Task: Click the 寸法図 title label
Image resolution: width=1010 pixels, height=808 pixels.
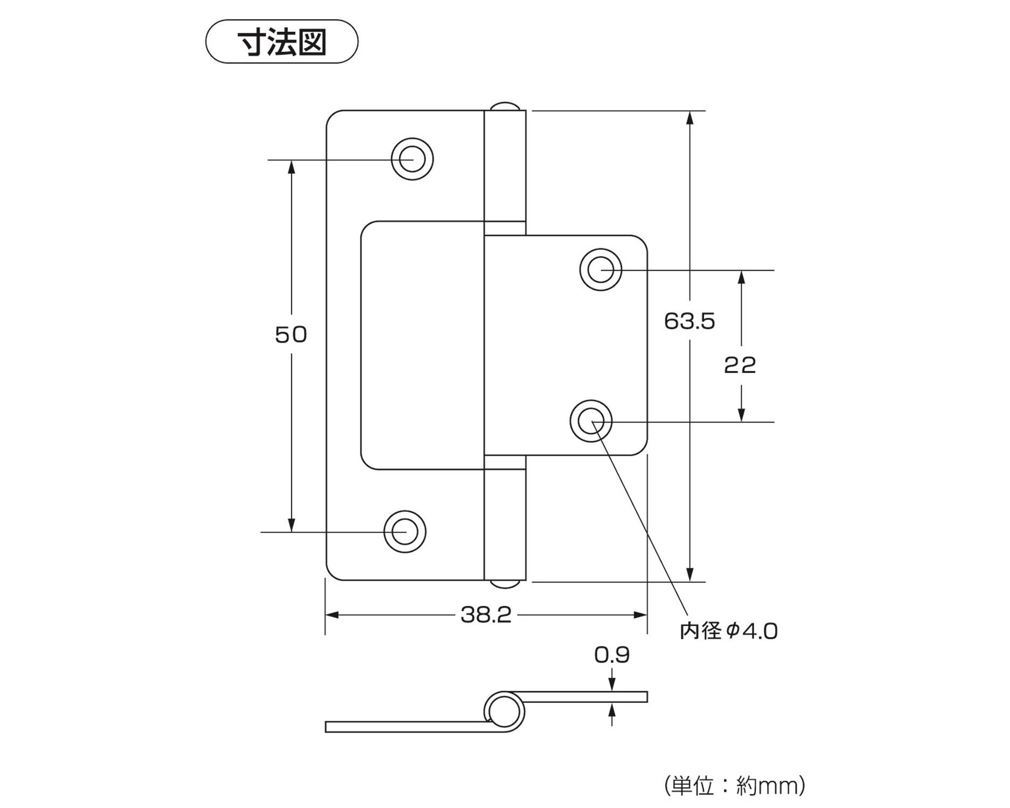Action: click(282, 42)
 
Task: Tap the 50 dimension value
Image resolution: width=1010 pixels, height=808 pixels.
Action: click(291, 335)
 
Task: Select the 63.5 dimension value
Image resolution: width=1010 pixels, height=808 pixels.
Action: click(689, 321)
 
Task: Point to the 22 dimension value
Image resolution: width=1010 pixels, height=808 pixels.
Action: click(740, 365)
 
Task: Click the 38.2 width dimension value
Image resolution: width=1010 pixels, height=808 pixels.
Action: click(486, 615)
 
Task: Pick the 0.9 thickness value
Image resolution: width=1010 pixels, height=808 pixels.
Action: click(611, 654)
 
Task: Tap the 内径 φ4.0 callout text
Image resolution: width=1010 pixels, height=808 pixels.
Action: click(728, 631)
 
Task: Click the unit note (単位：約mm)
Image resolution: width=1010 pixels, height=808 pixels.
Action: click(735, 786)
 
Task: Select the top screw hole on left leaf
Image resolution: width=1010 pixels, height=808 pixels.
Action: click(412, 159)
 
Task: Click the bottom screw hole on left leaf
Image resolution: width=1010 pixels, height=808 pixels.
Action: click(405, 532)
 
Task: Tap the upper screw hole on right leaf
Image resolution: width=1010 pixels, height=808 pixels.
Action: click(600, 269)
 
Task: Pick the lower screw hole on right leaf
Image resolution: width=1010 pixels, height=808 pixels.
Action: click(591, 421)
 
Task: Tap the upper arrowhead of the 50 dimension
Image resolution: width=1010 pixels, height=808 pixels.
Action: click(291, 166)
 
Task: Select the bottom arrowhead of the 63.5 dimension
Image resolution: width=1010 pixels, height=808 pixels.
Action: click(690, 575)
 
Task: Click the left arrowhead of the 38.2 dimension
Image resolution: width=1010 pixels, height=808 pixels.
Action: click(332, 615)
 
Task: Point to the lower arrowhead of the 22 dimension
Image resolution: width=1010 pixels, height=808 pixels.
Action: click(741, 415)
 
